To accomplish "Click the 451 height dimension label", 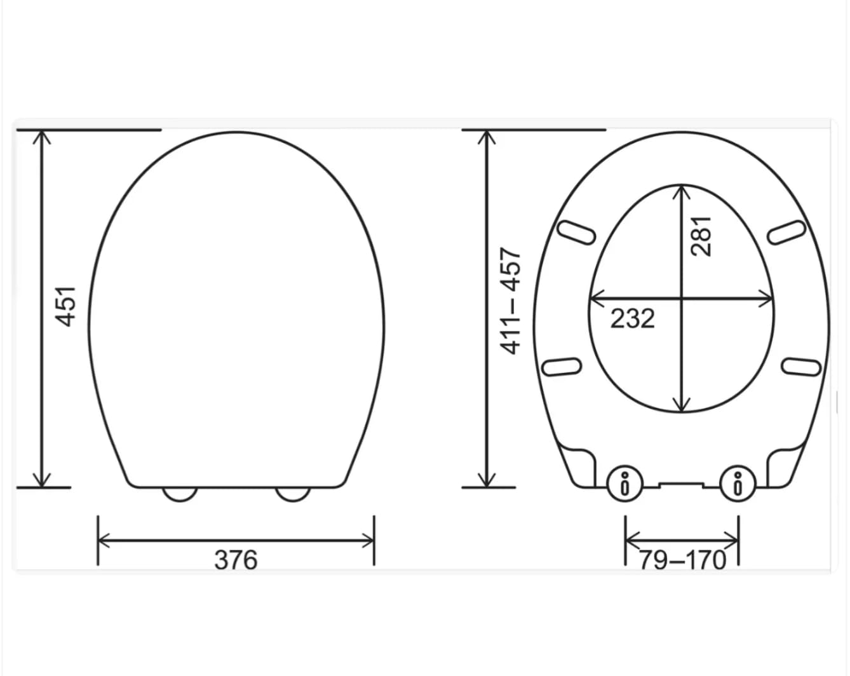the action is point(65,307).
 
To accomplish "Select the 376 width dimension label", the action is point(236,560).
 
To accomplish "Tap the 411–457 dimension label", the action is point(510,301).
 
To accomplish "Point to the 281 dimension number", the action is point(701,236).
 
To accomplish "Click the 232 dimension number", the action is point(632,318).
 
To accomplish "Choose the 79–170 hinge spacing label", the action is point(683,560).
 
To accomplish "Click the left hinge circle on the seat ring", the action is point(624,483).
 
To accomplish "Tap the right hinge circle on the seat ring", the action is point(738,483).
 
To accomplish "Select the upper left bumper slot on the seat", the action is point(576,233).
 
